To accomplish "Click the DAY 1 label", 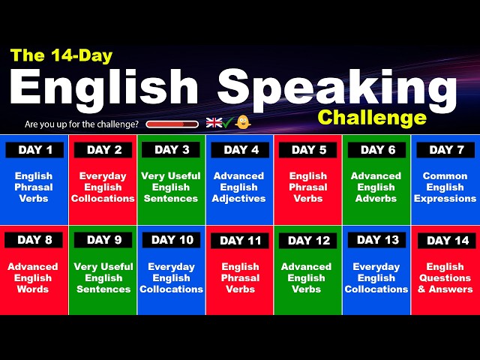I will pos(34,150).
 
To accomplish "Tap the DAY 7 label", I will pos(447,150).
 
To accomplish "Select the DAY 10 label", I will pos(171,240).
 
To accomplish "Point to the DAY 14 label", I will pos(447,241).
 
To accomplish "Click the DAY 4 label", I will pos(240,150).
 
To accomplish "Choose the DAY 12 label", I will pos(308,241).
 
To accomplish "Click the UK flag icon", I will pos(214,122).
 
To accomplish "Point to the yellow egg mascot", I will pos(243,122).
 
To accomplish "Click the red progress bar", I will pos(172,124).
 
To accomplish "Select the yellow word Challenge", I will pos(371,118).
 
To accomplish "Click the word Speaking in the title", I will pos(337,88).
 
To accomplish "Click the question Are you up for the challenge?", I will pos(82,124).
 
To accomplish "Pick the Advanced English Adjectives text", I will pos(239,187).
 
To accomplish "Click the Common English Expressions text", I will pos(445,187).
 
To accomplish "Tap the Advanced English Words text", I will pos(33,277).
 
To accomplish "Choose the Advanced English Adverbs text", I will pos(376,187).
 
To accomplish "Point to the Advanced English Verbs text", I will pos(307,277).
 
